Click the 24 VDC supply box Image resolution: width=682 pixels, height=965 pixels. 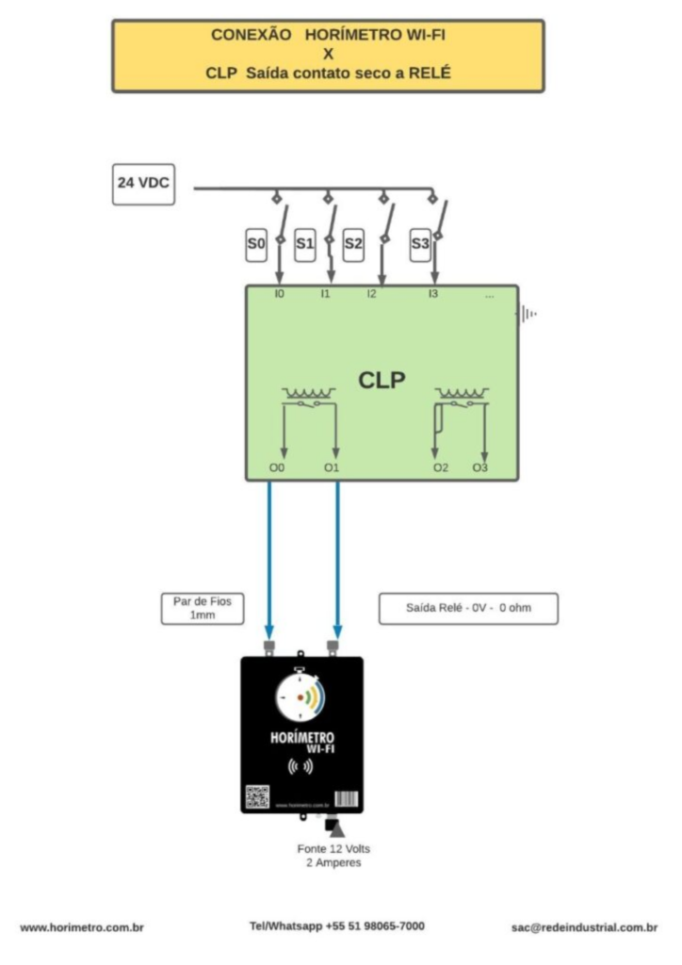[143, 185]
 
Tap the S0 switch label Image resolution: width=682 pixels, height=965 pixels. [255, 245]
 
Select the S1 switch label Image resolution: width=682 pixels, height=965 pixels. [304, 245]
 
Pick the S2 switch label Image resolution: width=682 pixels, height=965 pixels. [353, 245]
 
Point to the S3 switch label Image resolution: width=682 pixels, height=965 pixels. [420, 245]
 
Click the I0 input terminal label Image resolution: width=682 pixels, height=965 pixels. [279, 295]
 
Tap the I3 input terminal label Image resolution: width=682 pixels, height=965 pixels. [433, 295]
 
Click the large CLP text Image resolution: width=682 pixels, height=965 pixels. [382, 380]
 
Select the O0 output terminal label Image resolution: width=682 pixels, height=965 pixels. [276, 467]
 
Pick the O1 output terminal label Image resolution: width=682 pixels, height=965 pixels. [331, 467]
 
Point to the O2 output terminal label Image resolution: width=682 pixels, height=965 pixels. [440, 467]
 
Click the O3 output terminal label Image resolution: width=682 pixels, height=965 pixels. [480, 467]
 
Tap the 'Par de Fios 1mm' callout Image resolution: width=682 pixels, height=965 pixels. [202, 608]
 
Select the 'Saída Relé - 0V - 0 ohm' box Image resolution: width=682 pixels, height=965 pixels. [468, 608]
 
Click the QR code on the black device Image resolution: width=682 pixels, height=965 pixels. [257, 797]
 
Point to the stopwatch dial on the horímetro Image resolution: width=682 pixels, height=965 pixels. [301, 697]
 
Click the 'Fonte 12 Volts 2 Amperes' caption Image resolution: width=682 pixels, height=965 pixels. [333, 856]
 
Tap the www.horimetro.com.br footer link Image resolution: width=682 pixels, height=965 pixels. [82, 927]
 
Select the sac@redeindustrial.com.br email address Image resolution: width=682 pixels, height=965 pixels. [584, 927]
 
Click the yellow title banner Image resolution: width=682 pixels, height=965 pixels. [328, 55]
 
